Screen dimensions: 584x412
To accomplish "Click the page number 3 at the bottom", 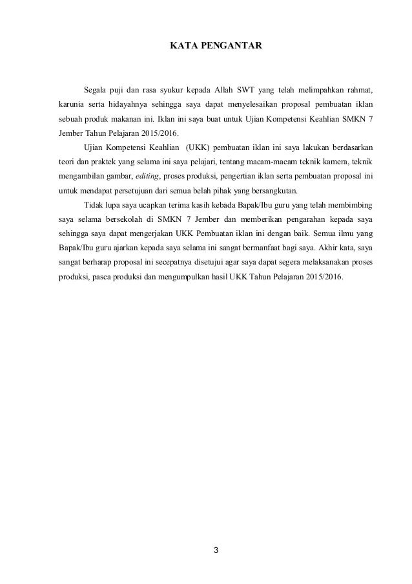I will [216, 551].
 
